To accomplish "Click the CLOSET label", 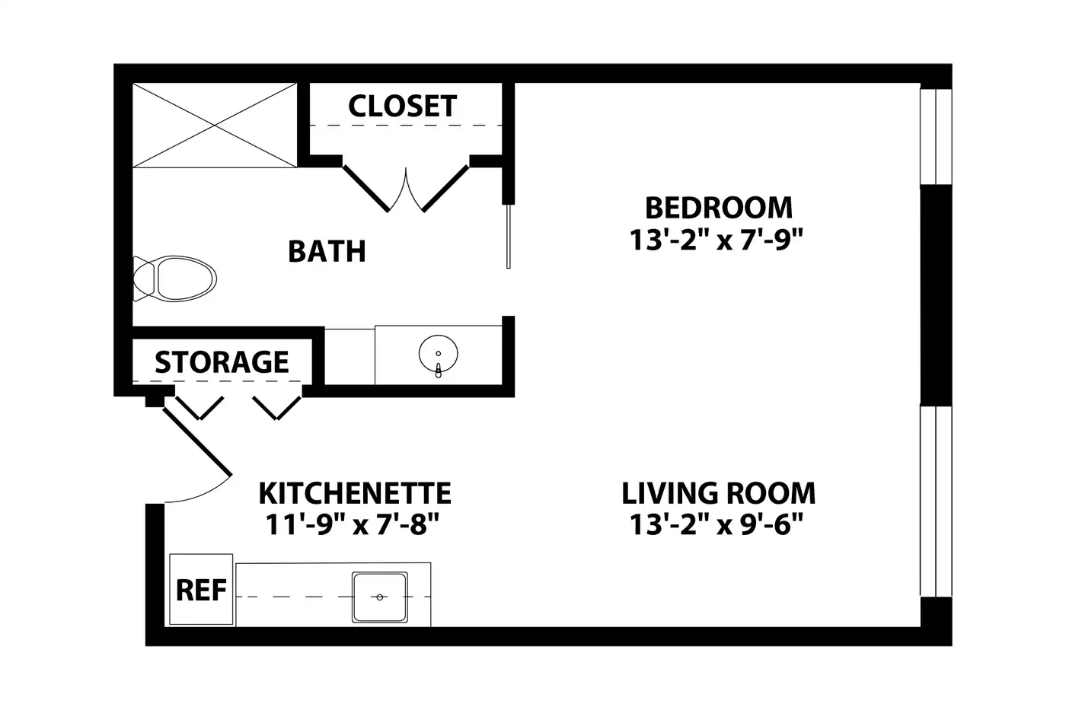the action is pos(403,106).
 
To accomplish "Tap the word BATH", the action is pos(327,251).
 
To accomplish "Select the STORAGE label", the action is pos(222,362).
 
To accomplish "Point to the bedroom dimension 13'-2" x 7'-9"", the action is pos(717,239).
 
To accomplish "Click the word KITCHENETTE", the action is pos(355,493).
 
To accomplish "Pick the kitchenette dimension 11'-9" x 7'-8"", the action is pos(352,525).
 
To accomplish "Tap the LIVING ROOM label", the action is pos(719,493).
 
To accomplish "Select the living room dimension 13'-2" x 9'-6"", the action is pos(717,525).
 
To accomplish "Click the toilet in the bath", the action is pos(174,279).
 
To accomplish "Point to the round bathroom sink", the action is pos(439,355).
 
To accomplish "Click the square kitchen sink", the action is pos(380,597).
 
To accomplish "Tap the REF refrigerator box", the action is pos(201,589).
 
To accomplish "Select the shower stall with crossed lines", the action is pos(215,126).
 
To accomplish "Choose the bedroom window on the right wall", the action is pos(936,136).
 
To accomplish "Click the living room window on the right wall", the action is pos(936,501).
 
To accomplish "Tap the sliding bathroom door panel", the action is pos(509,237).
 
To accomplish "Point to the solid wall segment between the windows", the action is pos(936,295).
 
